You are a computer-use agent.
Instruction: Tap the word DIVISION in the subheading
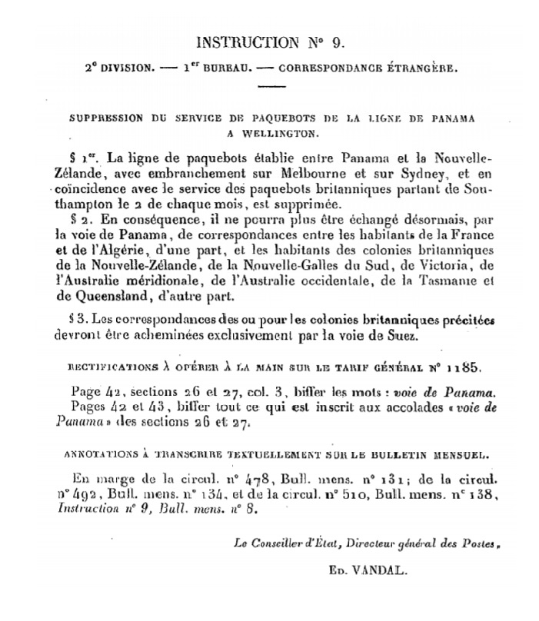pos(122,67)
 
